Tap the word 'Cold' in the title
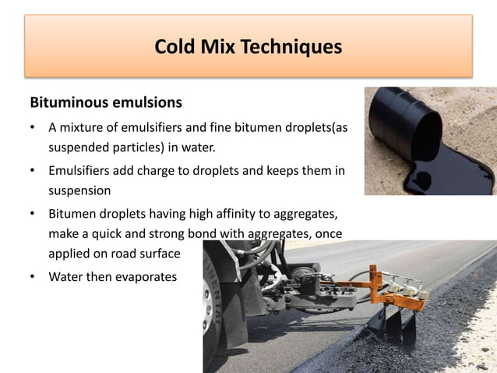[x=174, y=47]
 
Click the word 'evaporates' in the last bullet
[x=146, y=276]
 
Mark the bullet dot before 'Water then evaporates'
[x=32, y=277]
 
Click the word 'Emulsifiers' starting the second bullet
[x=81, y=170]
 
